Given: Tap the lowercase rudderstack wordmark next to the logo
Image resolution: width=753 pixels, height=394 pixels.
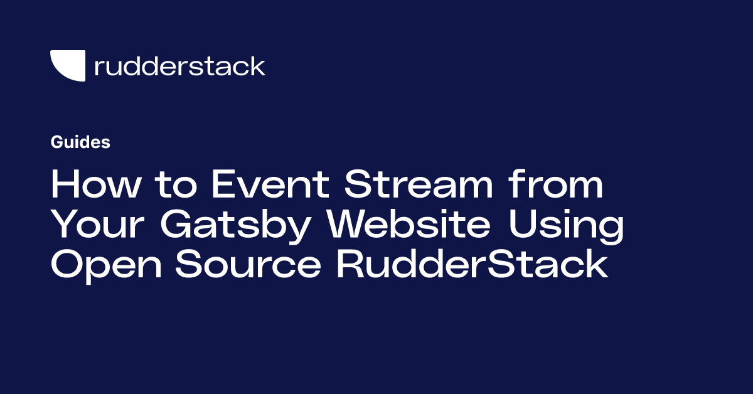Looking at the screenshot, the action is pos(180,66).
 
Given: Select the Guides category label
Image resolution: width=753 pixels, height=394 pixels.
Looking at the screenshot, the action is pos(80,142).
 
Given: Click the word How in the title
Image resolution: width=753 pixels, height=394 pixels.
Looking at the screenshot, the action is pos(95,184).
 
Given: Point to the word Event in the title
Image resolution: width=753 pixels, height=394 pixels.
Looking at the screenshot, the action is pos(270,184).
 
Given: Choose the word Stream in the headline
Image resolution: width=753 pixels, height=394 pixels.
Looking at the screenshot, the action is pos(419,184).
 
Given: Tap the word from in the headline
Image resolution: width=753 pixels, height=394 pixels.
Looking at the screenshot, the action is pos(556,183).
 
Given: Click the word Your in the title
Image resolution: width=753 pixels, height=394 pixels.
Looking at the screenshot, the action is pos(98,224).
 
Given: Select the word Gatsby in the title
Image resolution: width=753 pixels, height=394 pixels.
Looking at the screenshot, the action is pos(235,226).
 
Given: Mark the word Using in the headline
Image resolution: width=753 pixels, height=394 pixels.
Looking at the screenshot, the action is pos(566,226).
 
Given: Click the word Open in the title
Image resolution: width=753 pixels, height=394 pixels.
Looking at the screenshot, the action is pos(106,266).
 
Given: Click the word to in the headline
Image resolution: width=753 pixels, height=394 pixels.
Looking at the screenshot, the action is pos(176,185).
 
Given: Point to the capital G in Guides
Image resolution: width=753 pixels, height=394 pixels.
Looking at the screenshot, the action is pos(57,142).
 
